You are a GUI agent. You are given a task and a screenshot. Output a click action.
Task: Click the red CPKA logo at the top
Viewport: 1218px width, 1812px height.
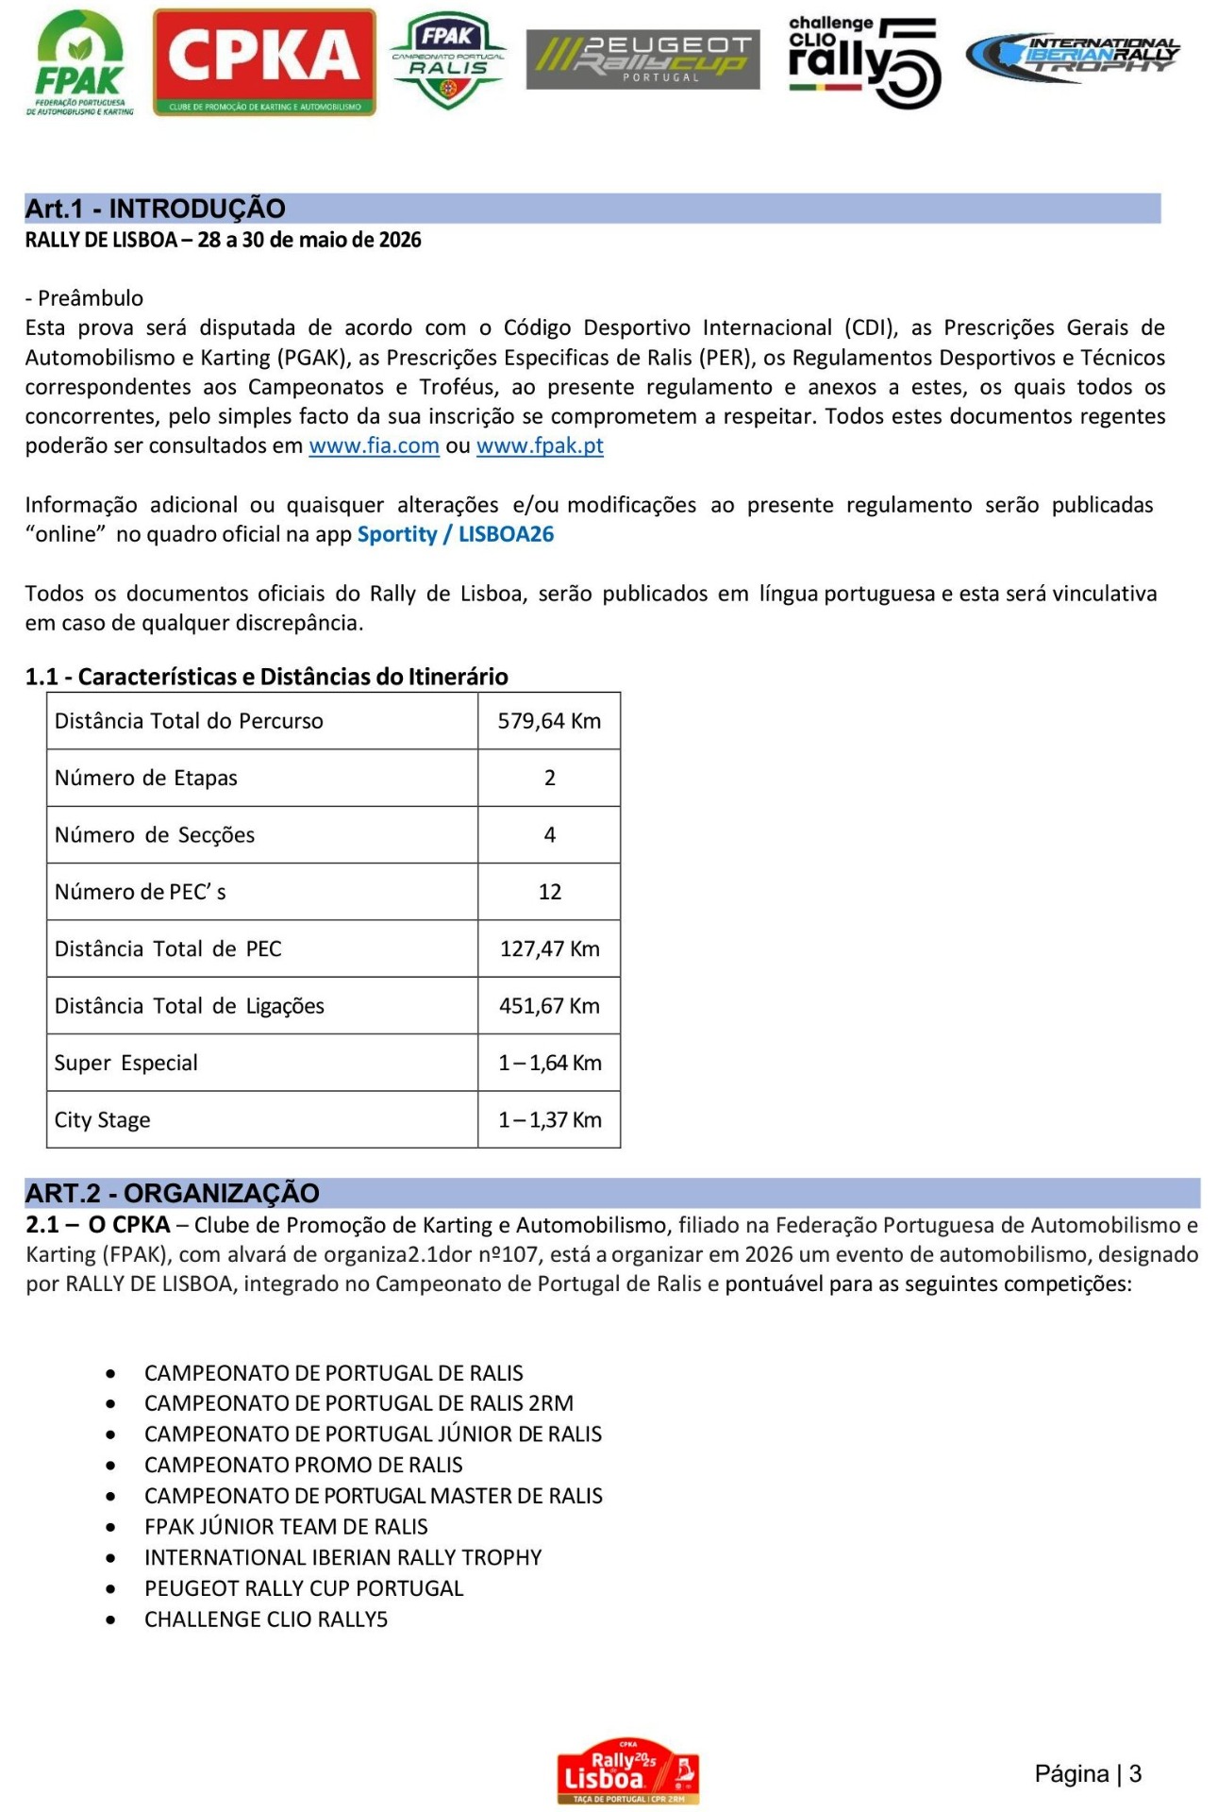coord(264,62)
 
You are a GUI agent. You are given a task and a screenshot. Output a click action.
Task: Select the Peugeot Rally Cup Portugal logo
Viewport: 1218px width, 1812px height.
coord(642,59)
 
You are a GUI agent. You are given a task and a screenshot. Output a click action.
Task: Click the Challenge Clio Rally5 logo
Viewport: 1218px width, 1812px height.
coord(863,61)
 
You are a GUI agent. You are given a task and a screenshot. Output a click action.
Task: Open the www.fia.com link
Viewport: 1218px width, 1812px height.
coord(374,446)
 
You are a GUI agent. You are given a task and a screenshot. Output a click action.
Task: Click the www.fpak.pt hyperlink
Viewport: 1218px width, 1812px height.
coord(540,446)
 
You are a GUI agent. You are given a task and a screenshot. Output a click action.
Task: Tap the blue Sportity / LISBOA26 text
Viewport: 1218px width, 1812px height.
coord(455,535)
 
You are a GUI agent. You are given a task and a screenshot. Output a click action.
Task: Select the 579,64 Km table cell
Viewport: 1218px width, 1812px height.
coord(549,721)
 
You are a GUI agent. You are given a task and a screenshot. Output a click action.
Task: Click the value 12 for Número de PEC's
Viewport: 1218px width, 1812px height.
coord(549,892)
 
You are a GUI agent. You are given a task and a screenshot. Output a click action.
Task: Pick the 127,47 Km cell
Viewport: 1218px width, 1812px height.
coord(549,948)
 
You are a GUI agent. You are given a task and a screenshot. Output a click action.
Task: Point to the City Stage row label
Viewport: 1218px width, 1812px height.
coord(103,1120)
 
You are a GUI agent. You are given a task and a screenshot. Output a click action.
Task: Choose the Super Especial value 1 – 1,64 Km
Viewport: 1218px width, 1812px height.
coord(549,1063)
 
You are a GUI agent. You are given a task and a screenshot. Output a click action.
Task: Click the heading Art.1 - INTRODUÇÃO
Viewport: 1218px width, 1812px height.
coord(156,209)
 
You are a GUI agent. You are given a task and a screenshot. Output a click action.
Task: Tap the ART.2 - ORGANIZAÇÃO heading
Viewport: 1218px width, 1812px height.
coord(173,1193)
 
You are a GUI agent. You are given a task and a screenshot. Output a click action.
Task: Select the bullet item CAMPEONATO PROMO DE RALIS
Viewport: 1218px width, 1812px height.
coord(303,1465)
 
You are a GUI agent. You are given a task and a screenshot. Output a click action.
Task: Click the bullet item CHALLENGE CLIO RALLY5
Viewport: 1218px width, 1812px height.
coord(266,1619)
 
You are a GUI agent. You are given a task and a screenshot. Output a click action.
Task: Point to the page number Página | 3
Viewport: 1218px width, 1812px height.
coord(1087,1774)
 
